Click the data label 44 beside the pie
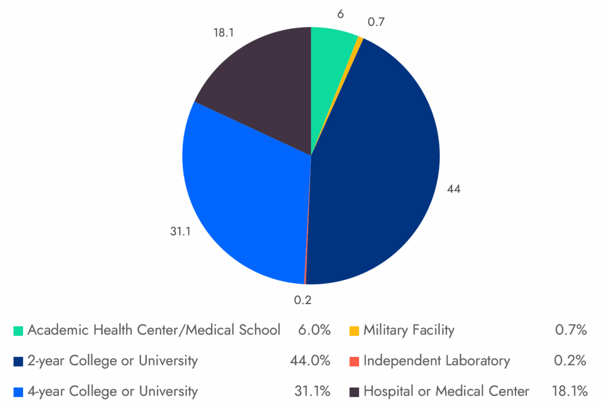pyautogui.click(x=454, y=189)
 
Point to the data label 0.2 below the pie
pyautogui.click(x=303, y=300)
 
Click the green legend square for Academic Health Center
pyautogui.click(x=18, y=331)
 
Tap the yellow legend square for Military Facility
pyautogui.click(x=354, y=331)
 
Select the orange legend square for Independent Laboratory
pyautogui.click(x=354, y=361)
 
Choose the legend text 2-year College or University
pyautogui.click(x=112, y=361)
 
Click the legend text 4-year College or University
pyautogui.click(x=112, y=391)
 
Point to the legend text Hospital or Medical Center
pyautogui.click(x=446, y=391)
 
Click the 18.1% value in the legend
pyautogui.click(x=569, y=391)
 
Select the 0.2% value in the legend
pyautogui.click(x=570, y=361)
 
